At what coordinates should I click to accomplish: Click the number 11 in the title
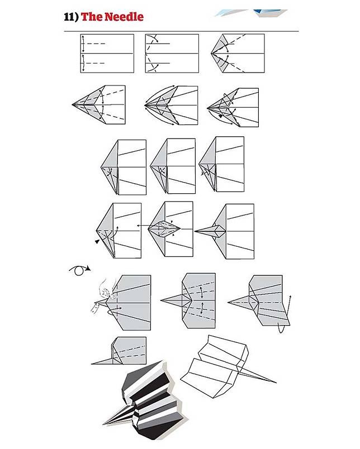[69, 17]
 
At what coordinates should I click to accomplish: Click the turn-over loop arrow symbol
[80, 270]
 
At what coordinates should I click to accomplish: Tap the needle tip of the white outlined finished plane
[276, 383]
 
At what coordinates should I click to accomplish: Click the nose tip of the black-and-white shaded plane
[104, 423]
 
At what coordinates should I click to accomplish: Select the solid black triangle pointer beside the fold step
[97, 242]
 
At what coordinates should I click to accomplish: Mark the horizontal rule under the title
[181, 31]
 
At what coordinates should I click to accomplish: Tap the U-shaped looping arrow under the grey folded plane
[282, 328]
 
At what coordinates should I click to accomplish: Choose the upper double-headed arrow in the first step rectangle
[83, 44]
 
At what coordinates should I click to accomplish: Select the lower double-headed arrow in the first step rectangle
[83, 63]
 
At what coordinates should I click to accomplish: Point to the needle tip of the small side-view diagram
[92, 364]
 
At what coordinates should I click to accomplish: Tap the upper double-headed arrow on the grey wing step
[201, 293]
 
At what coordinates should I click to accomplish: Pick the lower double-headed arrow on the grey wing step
[202, 308]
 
